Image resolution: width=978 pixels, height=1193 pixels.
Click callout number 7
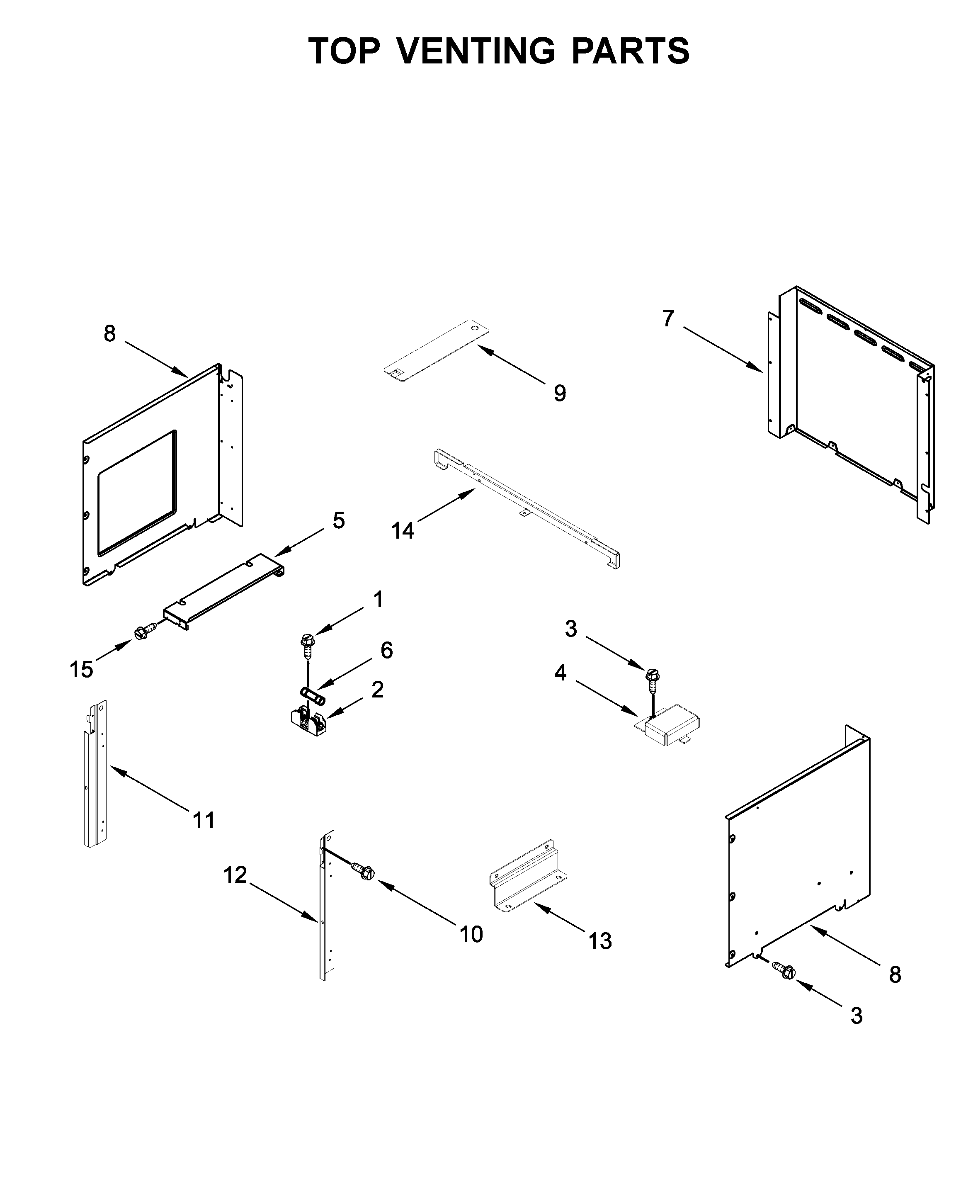668,319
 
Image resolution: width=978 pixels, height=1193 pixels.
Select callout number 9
559,393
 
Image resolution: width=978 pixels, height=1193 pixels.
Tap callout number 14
403,530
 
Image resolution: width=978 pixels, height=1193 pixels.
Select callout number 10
471,934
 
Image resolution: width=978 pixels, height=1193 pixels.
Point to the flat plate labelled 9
437,352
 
